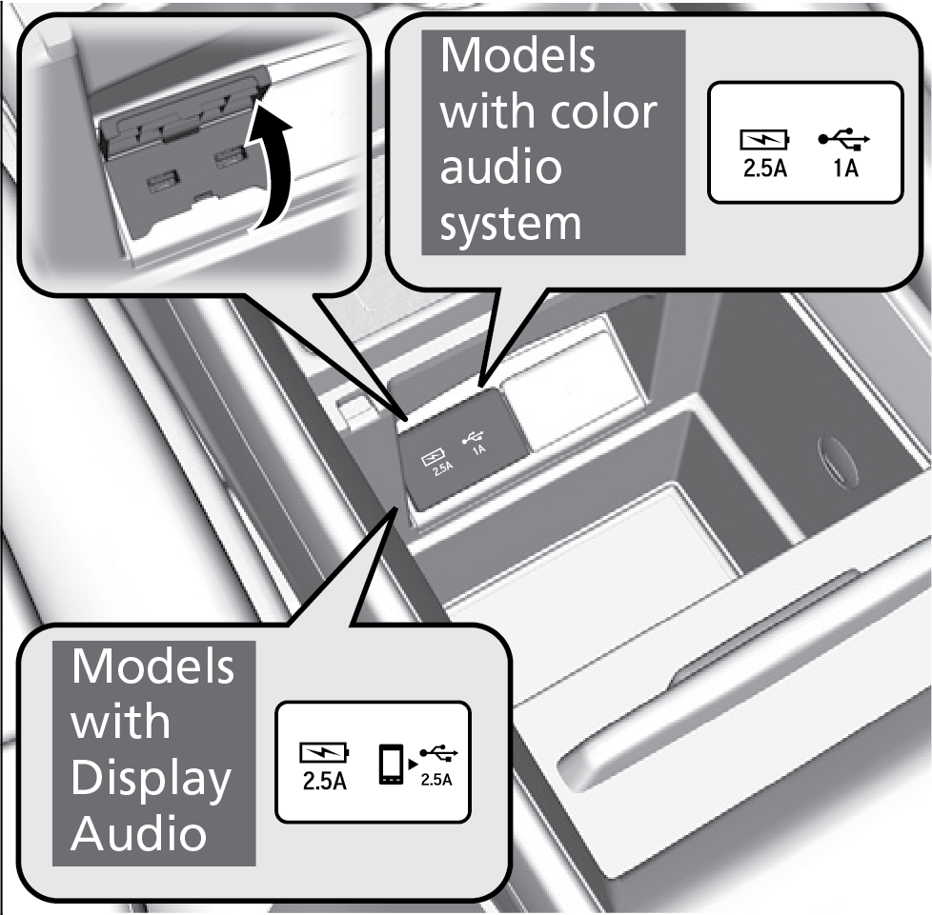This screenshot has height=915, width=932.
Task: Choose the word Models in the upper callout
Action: pyautogui.click(x=517, y=57)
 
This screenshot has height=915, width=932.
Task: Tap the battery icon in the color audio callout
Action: pyautogui.click(x=765, y=143)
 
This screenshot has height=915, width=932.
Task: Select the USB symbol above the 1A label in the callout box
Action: pyautogui.click(x=842, y=142)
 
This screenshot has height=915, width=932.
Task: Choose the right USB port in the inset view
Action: pyautogui.click(x=227, y=157)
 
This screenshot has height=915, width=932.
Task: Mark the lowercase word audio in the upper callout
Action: pyautogui.click(x=502, y=169)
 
